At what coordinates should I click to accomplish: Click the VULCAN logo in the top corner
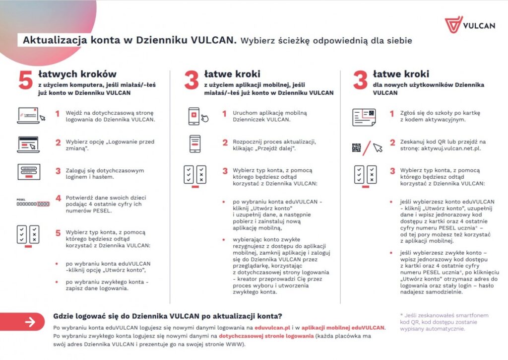click(x=469, y=25)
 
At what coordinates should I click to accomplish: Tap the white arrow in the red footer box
click(x=31, y=322)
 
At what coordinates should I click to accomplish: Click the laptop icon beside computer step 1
click(x=30, y=115)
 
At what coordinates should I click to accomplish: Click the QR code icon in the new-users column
click(x=357, y=147)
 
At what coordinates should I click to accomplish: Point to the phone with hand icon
click(x=197, y=116)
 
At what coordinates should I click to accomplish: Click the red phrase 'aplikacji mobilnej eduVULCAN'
click(x=350, y=328)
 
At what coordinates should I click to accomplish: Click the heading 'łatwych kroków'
click(x=77, y=74)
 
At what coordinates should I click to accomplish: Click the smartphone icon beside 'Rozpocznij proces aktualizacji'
click(x=194, y=144)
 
